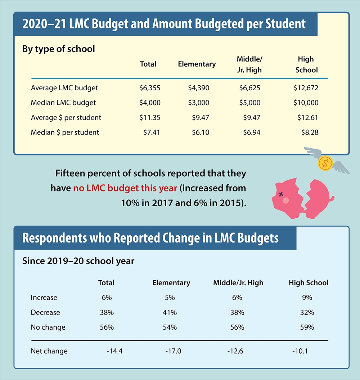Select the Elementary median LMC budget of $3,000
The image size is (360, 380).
tap(198, 103)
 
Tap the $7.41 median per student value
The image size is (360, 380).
tap(151, 132)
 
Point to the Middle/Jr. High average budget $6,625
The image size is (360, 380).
tap(249, 88)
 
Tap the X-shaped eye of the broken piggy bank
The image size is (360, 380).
tap(281, 194)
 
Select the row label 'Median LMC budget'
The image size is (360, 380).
tap(63, 103)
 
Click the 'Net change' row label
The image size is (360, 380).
tap(49, 351)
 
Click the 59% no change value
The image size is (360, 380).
tap(309, 327)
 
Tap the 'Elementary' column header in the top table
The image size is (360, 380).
tap(197, 64)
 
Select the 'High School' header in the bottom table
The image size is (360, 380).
tap(309, 282)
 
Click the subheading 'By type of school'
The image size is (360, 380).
tap(59, 49)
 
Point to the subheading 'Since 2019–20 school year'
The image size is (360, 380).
tap(78, 261)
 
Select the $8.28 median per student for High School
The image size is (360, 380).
tap(310, 132)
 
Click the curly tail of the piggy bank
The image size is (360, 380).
tap(331, 198)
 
